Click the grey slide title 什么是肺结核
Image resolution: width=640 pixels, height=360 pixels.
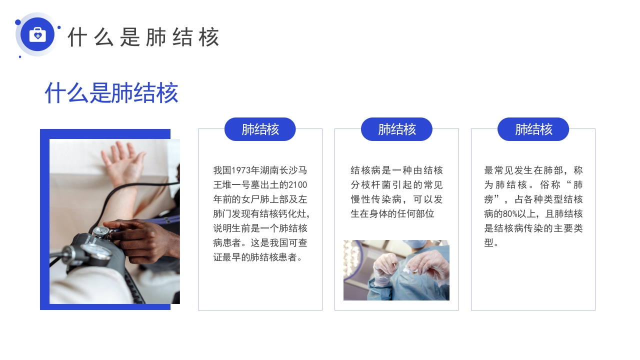coord(143,37)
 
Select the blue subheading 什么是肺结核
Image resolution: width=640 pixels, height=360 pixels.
coord(111,92)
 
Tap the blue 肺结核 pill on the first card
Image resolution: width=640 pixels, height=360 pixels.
coord(260,129)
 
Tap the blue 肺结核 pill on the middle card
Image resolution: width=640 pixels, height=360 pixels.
coord(396,129)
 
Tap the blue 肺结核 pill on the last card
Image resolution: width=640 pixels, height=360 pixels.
coord(533,129)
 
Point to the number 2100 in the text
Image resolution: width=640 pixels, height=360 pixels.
coord(297,185)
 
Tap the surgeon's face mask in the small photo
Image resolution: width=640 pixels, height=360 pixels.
coord(415,243)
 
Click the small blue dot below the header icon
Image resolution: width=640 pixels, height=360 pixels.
coord(20,56)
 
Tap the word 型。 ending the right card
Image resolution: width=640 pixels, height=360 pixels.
coord(491,242)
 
